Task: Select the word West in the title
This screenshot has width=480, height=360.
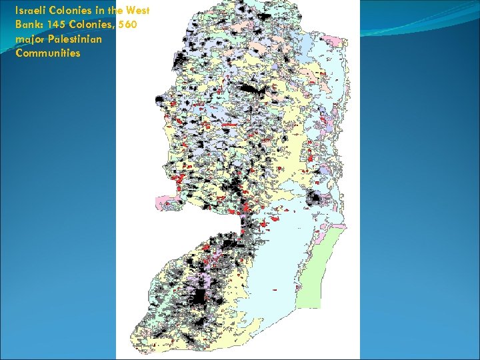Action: click(x=137, y=11)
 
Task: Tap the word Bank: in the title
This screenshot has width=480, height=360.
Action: click(x=29, y=25)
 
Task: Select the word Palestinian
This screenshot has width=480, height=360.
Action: click(x=75, y=39)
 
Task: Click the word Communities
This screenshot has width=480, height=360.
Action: click(x=47, y=53)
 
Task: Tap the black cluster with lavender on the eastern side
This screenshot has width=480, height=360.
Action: click(x=312, y=197)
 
